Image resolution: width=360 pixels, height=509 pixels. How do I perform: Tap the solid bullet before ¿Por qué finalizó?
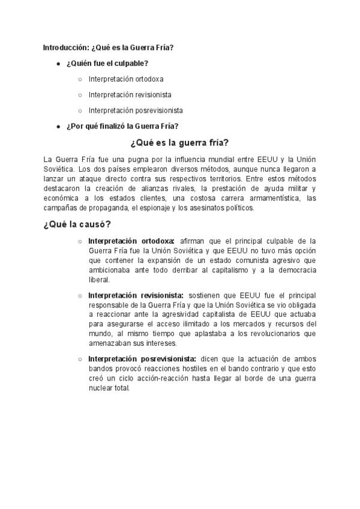(x=58, y=126)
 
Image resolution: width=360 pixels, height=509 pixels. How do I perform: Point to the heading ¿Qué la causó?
(x=76, y=224)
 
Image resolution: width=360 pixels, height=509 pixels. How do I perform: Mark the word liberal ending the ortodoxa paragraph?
(x=98, y=280)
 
